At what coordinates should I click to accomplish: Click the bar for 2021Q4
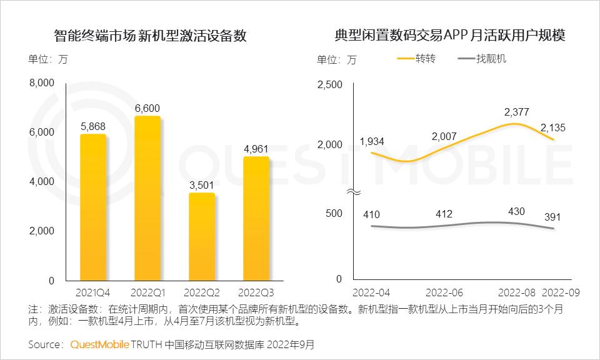click(x=92, y=207)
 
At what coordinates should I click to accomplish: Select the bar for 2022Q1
click(x=147, y=198)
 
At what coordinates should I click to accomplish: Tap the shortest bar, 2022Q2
click(x=201, y=237)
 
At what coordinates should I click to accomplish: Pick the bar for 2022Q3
click(x=256, y=219)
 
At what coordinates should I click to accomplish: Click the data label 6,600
click(x=147, y=108)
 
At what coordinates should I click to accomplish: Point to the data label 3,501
click(x=201, y=185)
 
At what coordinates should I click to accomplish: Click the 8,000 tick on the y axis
click(x=42, y=82)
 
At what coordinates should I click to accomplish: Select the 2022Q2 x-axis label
click(x=201, y=292)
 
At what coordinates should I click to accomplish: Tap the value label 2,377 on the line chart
click(x=517, y=112)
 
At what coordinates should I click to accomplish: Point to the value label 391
click(x=552, y=217)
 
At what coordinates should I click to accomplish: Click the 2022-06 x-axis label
click(x=444, y=292)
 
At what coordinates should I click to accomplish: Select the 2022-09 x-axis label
click(x=562, y=292)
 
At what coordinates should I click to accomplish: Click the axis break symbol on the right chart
click(x=353, y=192)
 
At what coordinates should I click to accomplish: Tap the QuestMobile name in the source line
click(x=100, y=344)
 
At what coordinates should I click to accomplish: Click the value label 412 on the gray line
click(x=444, y=214)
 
